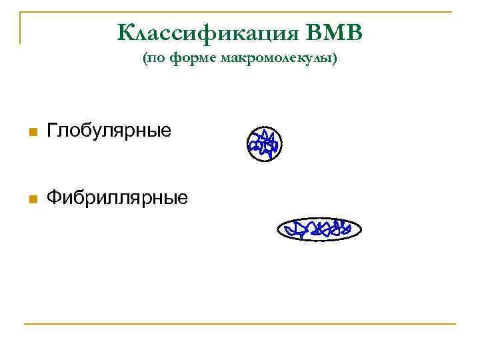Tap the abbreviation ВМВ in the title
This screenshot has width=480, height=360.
[335, 32]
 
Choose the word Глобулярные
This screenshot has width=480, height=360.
[109, 131]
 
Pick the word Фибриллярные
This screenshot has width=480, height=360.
[117, 197]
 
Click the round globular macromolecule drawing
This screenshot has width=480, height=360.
[264, 143]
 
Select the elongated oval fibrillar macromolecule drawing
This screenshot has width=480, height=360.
[319, 230]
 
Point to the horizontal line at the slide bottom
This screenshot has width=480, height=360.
[240, 324]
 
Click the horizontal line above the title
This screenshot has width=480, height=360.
[240, 12]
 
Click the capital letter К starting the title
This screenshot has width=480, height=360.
[125, 32]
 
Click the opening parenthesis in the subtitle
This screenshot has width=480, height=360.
[144, 60]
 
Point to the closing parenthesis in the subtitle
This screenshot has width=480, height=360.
[335, 60]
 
